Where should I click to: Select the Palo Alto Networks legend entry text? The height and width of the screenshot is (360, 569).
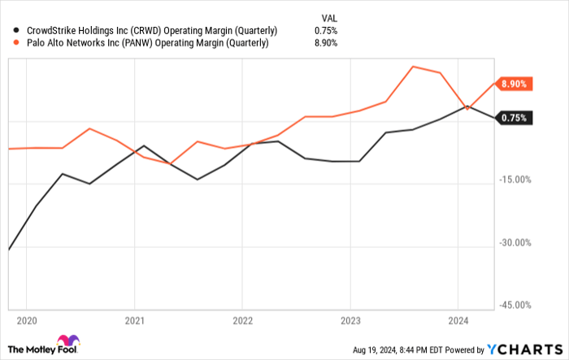point(147,44)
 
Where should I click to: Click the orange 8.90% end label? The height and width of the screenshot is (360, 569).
point(514,84)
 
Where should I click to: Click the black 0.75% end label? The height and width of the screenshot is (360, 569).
point(514,119)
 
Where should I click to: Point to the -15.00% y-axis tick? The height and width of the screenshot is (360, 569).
point(514,180)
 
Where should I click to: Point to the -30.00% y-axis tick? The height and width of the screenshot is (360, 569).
point(514,243)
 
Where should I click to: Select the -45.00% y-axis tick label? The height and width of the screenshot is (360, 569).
point(514,306)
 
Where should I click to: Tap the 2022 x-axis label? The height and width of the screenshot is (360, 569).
point(242,320)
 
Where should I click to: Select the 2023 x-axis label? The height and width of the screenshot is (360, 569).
point(350,320)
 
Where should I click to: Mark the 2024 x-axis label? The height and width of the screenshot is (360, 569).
point(458,320)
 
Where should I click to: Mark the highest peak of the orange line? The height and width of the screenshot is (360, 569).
point(414,67)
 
